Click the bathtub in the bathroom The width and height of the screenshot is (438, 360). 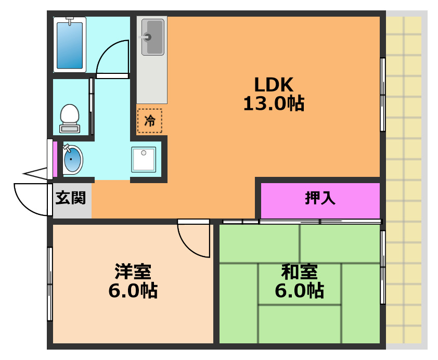(70, 45)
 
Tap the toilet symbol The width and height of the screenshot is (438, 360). (70, 117)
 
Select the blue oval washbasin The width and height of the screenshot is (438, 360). (73, 160)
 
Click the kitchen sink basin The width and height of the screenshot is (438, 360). (153, 36)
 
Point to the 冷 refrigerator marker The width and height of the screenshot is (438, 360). (149, 121)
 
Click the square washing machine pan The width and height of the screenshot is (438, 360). (144, 159)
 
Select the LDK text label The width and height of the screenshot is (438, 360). (274, 84)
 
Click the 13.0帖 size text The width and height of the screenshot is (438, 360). (274, 104)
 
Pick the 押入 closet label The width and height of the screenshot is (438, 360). (320, 198)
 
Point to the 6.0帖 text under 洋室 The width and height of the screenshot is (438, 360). (133, 291)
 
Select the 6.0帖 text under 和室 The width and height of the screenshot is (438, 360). (299, 291)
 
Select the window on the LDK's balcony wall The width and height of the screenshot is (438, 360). (383, 95)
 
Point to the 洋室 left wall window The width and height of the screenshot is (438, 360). (50, 284)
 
